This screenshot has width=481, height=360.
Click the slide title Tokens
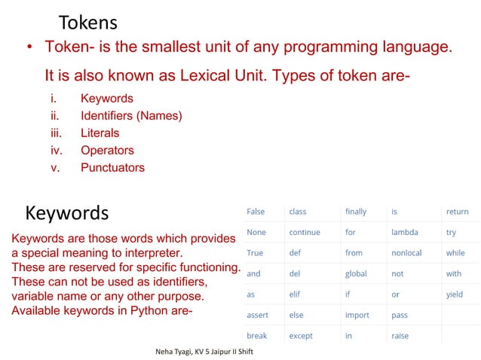[x=87, y=22]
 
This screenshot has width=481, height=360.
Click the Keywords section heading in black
[x=67, y=212]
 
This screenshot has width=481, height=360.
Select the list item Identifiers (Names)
[x=131, y=116]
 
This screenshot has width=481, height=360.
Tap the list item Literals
[x=100, y=133]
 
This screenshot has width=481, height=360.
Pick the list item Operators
[x=107, y=151]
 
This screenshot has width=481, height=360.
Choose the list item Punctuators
[x=112, y=168]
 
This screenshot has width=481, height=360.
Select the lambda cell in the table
[x=405, y=233]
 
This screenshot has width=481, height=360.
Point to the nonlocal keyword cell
[x=406, y=253]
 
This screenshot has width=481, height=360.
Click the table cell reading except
[x=301, y=335]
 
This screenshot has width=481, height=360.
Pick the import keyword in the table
[x=357, y=315]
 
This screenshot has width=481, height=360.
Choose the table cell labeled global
[x=356, y=273]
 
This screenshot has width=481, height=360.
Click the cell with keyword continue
[x=305, y=233]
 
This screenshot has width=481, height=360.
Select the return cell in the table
[x=457, y=212]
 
